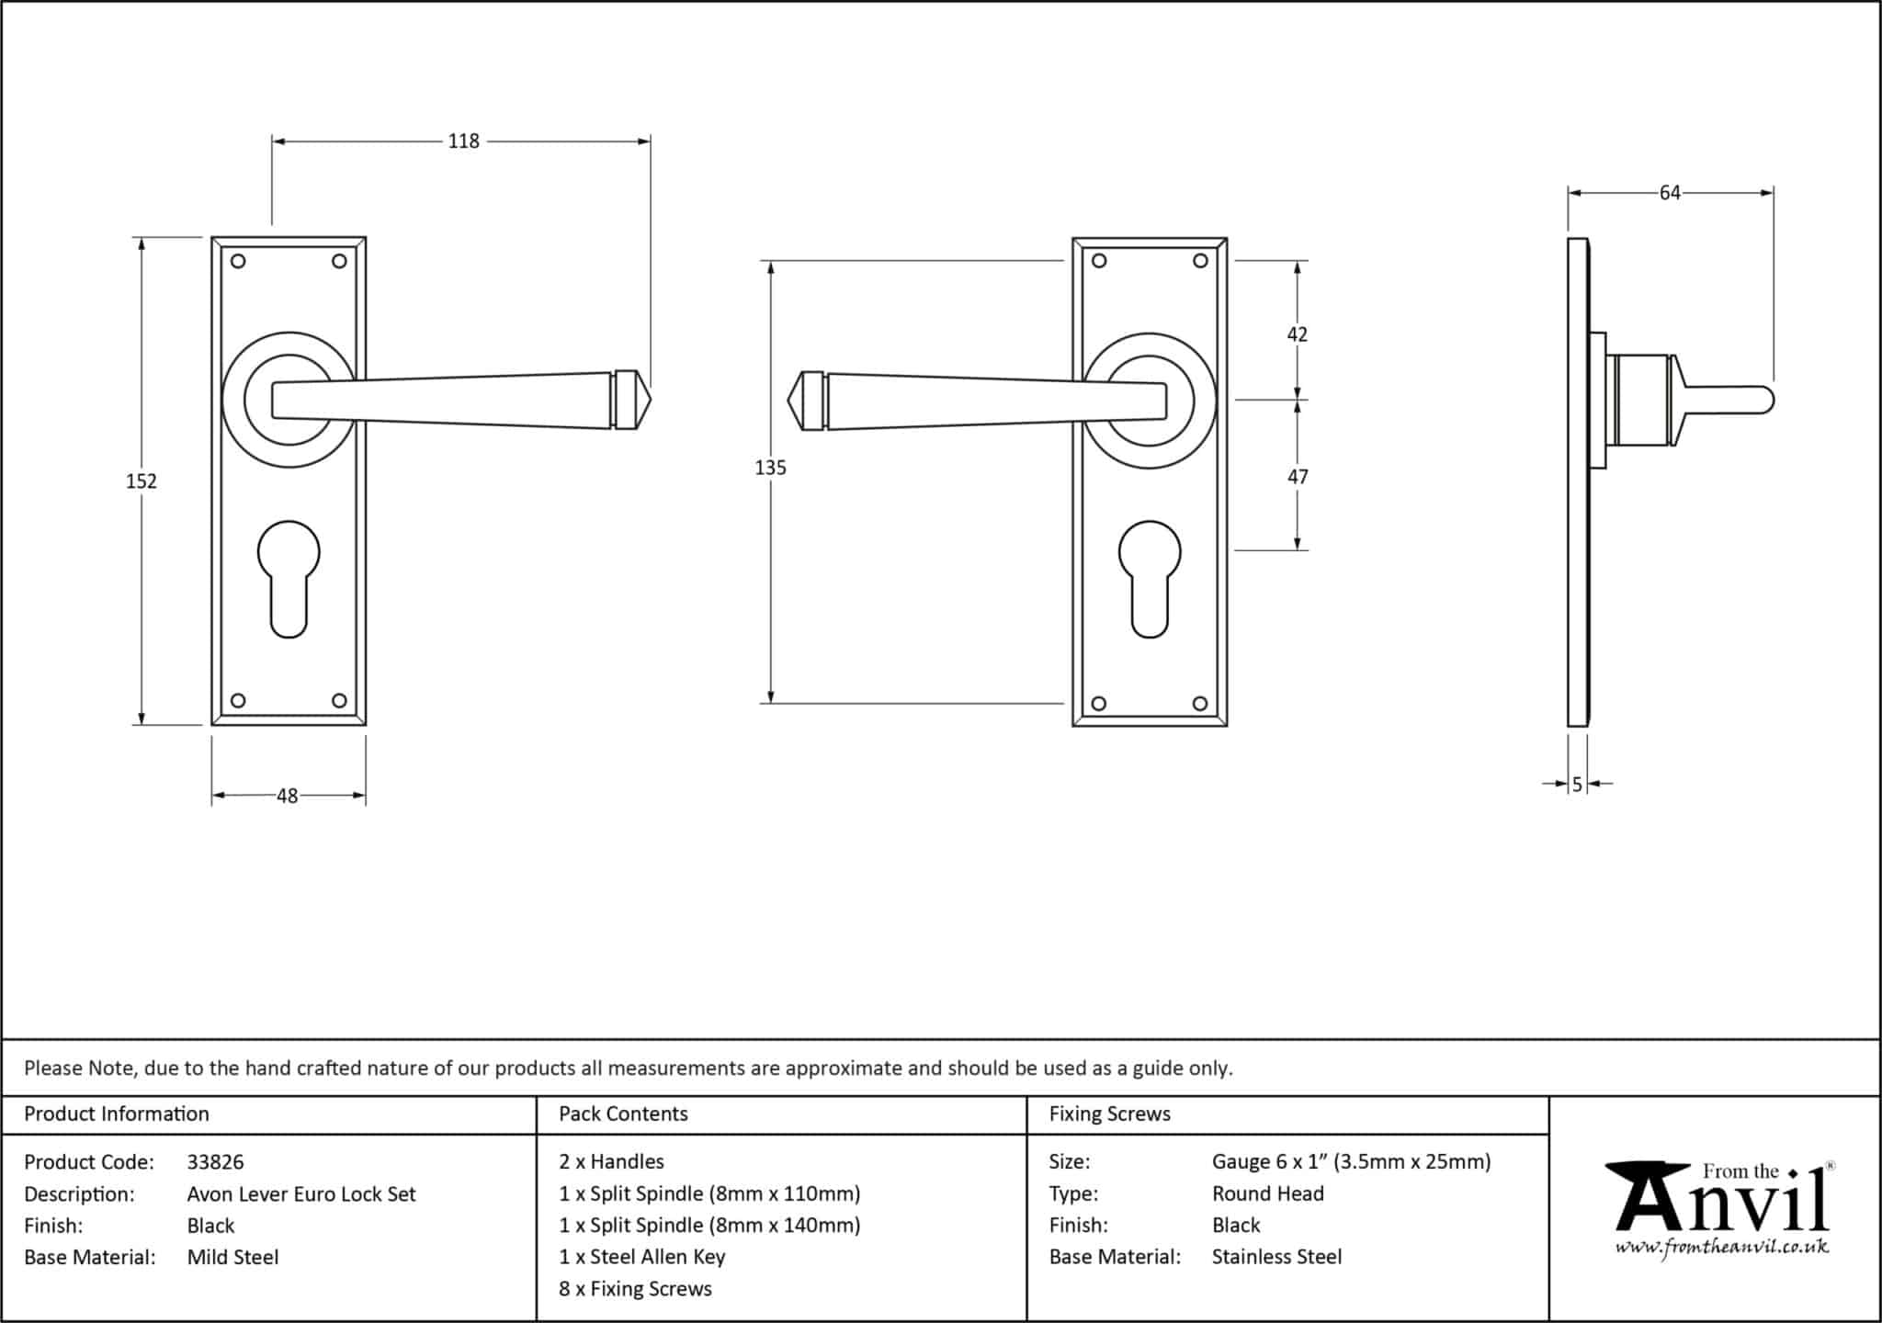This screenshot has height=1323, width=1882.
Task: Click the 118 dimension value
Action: pyautogui.click(x=464, y=141)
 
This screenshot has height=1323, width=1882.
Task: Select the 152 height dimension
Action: pyautogui.click(x=142, y=481)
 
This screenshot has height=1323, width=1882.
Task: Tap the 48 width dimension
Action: pyautogui.click(x=288, y=796)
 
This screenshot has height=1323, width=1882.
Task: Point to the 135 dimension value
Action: pyautogui.click(x=771, y=468)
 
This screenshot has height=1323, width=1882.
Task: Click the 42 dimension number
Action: pyautogui.click(x=1297, y=334)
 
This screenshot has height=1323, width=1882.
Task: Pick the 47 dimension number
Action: pyautogui.click(x=1297, y=477)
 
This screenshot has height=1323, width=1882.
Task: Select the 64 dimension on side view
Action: pyautogui.click(x=1670, y=193)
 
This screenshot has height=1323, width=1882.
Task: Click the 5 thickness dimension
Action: pyautogui.click(x=1577, y=785)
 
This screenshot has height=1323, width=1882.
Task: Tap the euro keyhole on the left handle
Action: pyautogui.click(x=289, y=579)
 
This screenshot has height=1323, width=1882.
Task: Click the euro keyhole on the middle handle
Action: pyautogui.click(x=1150, y=579)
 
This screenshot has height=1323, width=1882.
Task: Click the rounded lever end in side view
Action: pyautogui.click(x=1765, y=401)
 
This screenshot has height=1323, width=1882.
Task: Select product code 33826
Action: pyautogui.click(x=215, y=1162)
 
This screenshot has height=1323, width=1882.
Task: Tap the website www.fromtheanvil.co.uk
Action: pyautogui.click(x=1722, y=1247)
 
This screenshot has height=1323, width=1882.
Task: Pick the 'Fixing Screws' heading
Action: pyautogui.click(x=1109, y=1114)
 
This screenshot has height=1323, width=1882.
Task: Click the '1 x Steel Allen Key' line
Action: pyautogui.click(x=641, y=1257)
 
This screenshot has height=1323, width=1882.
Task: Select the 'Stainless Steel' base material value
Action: pyautogui.click(x=1276, y=1257)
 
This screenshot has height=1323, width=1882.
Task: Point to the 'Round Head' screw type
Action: pyautogui.click(x=1267, y=1193)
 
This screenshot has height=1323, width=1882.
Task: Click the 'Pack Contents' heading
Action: pyautogui.click(x=623, y=1114)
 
